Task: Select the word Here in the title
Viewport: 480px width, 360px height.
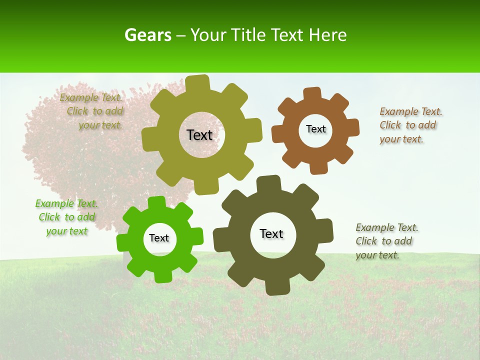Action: [327, 35]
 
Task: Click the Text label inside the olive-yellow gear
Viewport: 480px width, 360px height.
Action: [199, 135]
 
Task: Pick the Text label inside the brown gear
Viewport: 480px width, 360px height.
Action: [315, 129]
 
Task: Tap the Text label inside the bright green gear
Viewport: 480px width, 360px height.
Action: [159, 238]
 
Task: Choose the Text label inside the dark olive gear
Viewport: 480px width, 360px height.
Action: [271, 233]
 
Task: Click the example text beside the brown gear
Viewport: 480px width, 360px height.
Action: [411, 125]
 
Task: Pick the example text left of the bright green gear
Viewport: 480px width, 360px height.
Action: [67, 217]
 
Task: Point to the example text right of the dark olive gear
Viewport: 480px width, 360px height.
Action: [386, 241]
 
